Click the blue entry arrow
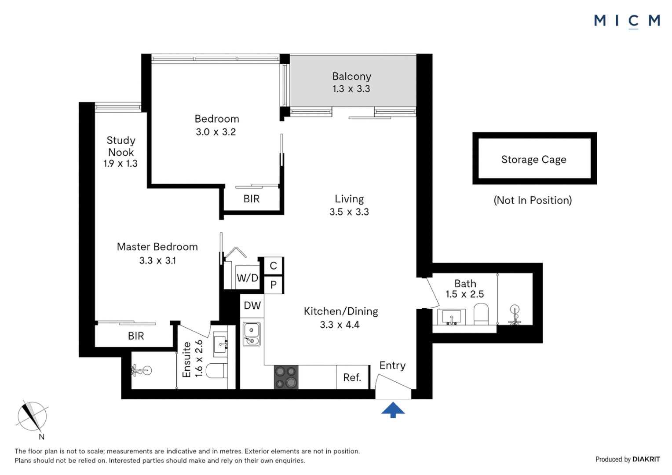point(393,410)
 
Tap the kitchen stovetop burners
point(286,377)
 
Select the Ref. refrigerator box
point(353,377)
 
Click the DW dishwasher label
point(252,306)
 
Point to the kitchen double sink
point(252,334)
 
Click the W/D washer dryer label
point(248,278)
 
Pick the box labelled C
point(273,266)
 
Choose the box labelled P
point(273,285)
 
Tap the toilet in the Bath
point(481,314)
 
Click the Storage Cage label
point(534,159)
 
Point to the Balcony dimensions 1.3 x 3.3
point(351,89)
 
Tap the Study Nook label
point(121,146)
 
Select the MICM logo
point(627,21)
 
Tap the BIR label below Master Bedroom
point(136,336)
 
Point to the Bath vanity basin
point(452,317)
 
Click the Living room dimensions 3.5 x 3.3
point(349,212)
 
